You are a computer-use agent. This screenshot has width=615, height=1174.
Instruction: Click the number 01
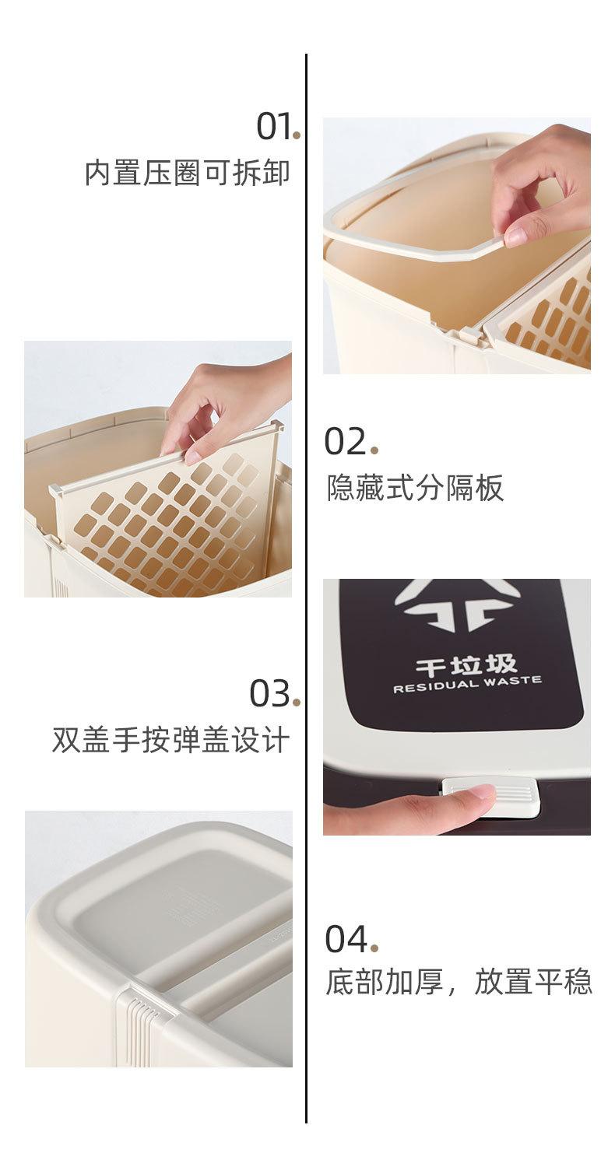pyautogui.click(x=274, y=127)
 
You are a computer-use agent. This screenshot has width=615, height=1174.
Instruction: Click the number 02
pyautogui.click(x=345, y=441)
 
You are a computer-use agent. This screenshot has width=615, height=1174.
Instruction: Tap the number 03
pyautogui.click(x=270, y=693)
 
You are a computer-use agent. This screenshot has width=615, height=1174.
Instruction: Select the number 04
pyautogui.click(x=346, y=939)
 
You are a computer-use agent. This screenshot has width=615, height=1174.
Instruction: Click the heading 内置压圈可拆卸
pyautogui.click(x=187, y=173)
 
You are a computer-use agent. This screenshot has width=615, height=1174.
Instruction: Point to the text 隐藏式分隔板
pyautogui.click(x=415, y=488)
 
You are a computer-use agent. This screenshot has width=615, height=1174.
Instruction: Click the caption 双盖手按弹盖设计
pyautogui.click(x=171, y=740)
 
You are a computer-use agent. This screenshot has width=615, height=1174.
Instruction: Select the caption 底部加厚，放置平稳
pyautogui.click(x=459, y=982)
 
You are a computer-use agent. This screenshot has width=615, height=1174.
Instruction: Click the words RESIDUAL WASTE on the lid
pyautogui.click(x=467, y=684)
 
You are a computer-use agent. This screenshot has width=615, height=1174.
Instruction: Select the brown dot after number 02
pyautogui.click(x=374, y=450)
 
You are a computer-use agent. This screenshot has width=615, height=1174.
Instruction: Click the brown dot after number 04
pyautogui.click(x=374, y=948)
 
